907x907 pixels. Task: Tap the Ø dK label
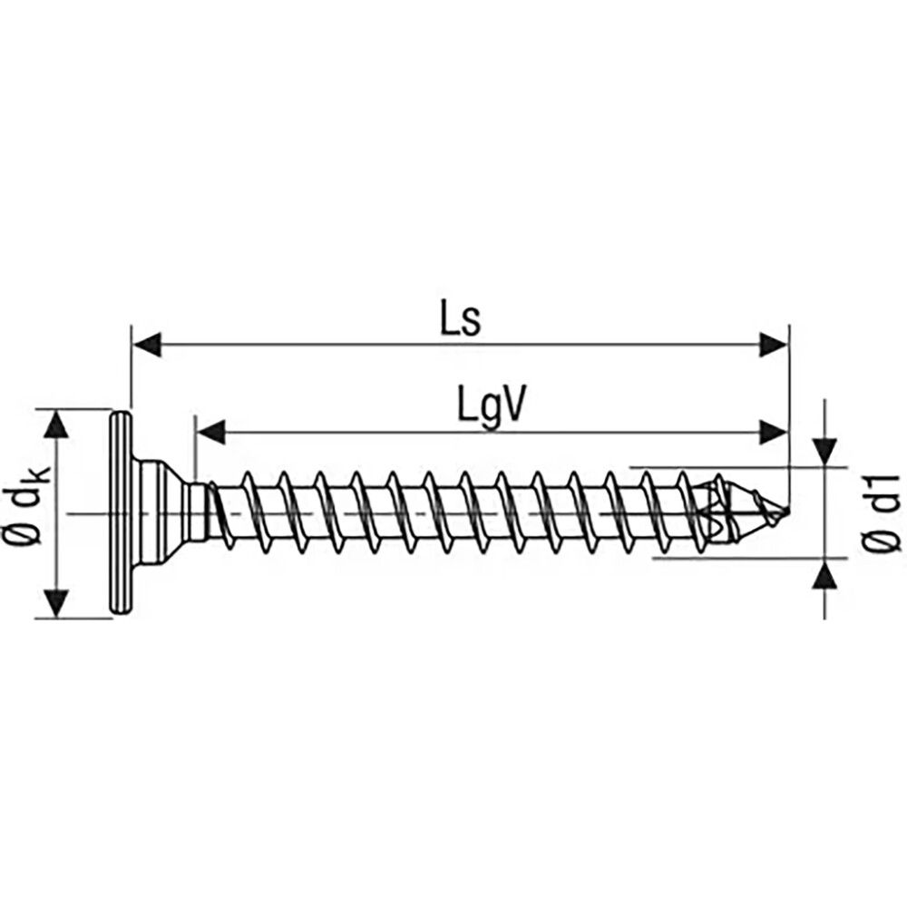[25, 513]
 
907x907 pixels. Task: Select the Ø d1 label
[882, 513]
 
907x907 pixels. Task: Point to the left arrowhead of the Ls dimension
[147, 344]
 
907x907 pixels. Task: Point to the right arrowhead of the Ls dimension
[773, 344]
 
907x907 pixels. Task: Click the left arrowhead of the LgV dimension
[211, 432]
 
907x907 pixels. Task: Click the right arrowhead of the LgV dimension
[773, 432]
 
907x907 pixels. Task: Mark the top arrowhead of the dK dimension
[57, 424]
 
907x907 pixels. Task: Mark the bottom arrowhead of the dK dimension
[57, 602]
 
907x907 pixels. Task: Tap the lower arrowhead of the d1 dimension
[824, 574]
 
